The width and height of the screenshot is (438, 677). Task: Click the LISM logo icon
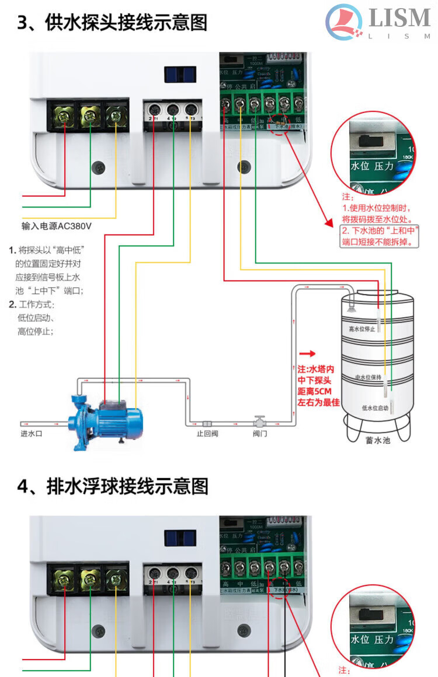tap(344, 22)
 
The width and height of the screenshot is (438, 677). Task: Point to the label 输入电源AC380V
tap(57, 226)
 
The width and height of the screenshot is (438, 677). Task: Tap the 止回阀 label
tap(207, 434)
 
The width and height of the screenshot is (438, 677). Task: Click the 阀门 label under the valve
tap(260, 434)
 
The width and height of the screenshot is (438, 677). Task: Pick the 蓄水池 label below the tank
tap(378, 440)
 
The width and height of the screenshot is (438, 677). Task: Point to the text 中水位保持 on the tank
tap(368, 377)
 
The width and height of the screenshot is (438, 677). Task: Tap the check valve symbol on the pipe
tap(207, 423)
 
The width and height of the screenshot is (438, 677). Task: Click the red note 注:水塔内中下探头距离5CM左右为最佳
tap(318, 385)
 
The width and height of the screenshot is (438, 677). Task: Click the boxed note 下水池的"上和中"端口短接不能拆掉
tap(380, 236)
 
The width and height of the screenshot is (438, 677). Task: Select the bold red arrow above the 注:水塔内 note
tap(307, 353)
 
